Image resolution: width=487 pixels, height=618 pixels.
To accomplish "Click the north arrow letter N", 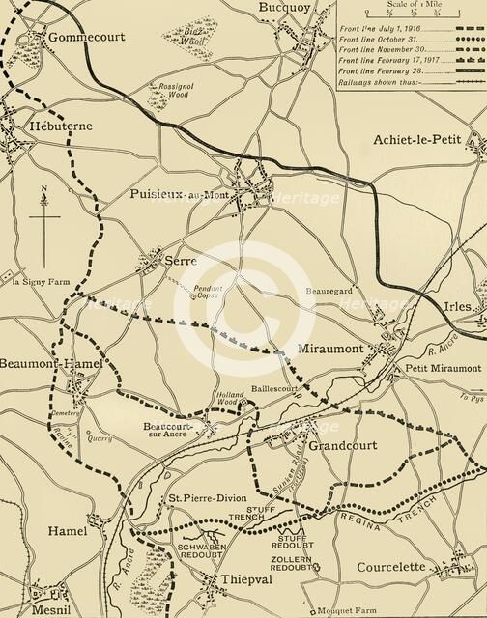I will point(43,189).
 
